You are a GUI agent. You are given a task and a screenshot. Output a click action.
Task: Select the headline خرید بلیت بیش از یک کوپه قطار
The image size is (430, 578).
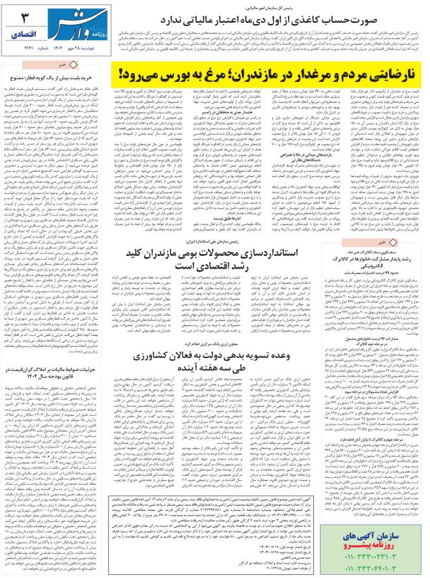[x=52, y=77]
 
